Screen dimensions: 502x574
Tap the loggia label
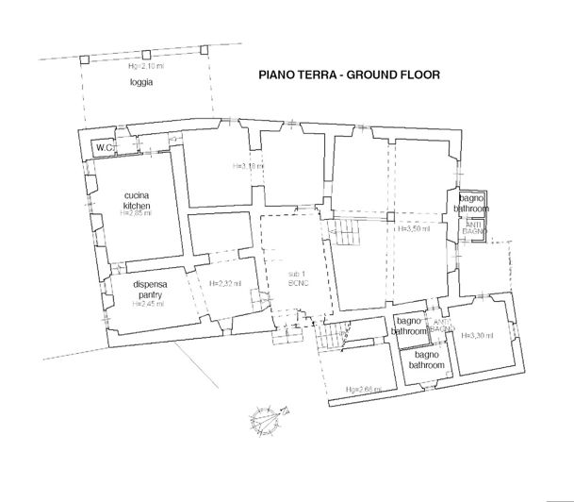pos(140,83)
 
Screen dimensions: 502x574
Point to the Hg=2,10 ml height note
pos(144,66)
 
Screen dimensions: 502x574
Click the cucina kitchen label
pos(137,201)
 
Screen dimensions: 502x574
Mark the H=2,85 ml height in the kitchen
pos(137,213)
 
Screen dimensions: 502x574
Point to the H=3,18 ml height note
pos(248,167)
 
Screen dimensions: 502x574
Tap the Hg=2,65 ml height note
pos(362,388)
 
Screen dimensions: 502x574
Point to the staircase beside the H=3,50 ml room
pos(350,228)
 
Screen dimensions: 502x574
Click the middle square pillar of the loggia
pos(145,55)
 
